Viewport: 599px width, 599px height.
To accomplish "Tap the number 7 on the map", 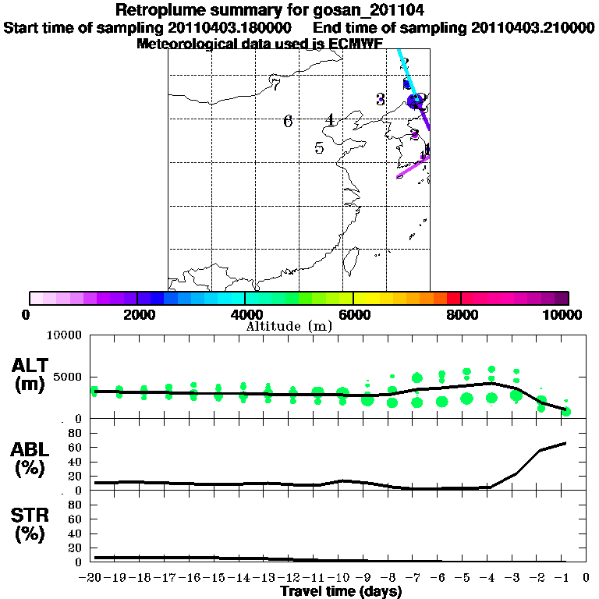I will coord(275,84).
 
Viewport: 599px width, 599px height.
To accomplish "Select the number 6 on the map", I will coord(288,121).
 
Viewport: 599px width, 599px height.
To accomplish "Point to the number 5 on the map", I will coord(319,148).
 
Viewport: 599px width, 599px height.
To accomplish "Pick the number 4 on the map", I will coord(331,120).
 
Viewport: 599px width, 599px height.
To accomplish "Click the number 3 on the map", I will coord(381,99).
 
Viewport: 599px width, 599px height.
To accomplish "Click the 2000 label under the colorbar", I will coord(136,314).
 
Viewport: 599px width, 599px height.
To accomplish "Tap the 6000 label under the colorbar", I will coord(353,314).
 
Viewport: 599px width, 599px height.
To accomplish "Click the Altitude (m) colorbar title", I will coord(289,326).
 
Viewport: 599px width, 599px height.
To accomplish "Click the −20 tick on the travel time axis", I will coord(93,577).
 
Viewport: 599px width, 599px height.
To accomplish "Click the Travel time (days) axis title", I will coord(341,591).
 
